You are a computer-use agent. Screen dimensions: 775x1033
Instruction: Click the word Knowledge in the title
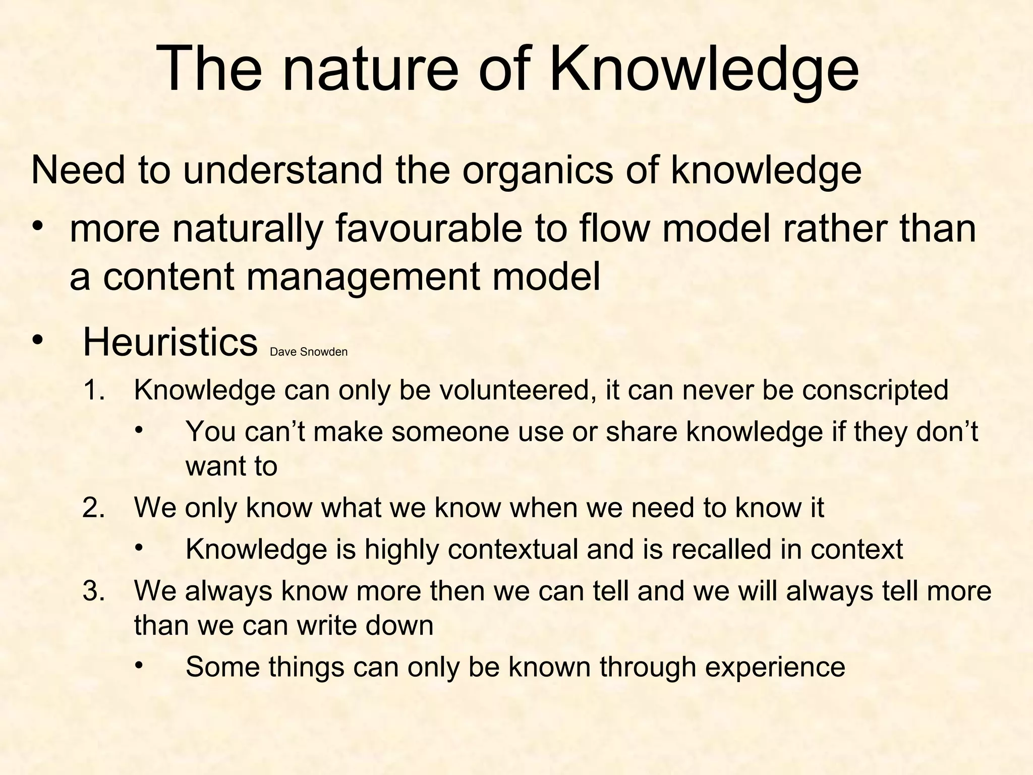[x=704, y=69]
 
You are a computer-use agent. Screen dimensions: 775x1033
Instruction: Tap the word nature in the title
[x=370, y=69]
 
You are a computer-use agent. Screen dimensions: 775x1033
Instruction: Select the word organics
[x=538, y=171]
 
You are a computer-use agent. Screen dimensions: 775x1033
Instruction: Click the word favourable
[x=428, y=229]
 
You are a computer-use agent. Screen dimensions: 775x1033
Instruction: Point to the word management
[x=363, y=278]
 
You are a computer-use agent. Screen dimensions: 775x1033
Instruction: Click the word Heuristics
[x=170, y=342]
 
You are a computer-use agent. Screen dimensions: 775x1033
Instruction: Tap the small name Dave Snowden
[x=309, y=352]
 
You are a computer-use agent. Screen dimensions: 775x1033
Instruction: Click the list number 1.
[x=94, y=390]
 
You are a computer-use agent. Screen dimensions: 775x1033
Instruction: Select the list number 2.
[x=94, y=508]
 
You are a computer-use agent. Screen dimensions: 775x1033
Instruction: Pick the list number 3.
[x=94, y=591]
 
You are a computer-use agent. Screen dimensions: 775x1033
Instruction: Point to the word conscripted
[x=875, y=390]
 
